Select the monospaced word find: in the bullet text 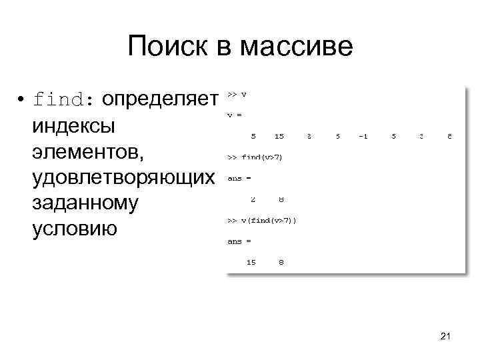pyautogui.click(x=63, y=100)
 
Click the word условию pyautogui.click(x=74, y=229)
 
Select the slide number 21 pyautogui.click(x=446, y=337)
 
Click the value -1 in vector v pyautogui.click(x=363, y=136)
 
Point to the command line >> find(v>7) pyautogui.click(x=256, y=158)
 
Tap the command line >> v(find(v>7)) pyautogui.click(x=262, y=220)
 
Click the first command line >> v pyautogui.click(x=237, y=95)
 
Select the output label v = pyautogui.click(x=235, y=115)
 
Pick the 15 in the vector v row pyautogui.click(x=279, y=136)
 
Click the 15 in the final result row pyautogui.click(x=251, y=262)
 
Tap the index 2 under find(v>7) pyautogui.click(x=253, y=199)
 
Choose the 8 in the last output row pyautogui.click(x=281, y=262)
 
